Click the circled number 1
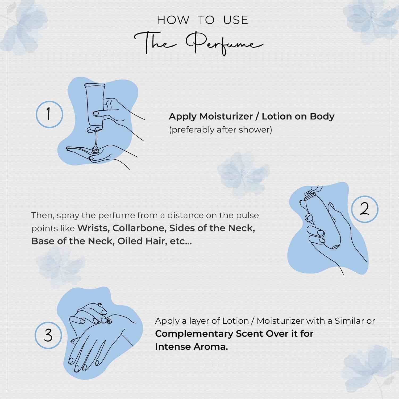click(x=49, y=114)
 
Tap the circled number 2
click(x=364, y=209)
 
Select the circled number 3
click(x=48, y=335)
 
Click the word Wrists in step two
click(x=93, y=228)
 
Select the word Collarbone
click(x=140, y=228)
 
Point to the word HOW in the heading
click(x=173, y=20)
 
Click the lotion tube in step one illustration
click(x=94, y=106)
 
